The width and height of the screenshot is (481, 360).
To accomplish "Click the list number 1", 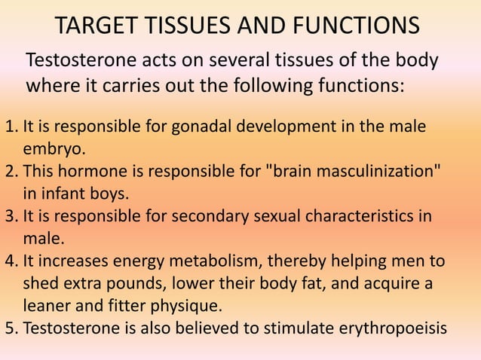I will [9, 126].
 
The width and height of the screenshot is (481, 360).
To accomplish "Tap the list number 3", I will [9, 217].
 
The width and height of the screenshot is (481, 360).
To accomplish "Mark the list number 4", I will [9, 262].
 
